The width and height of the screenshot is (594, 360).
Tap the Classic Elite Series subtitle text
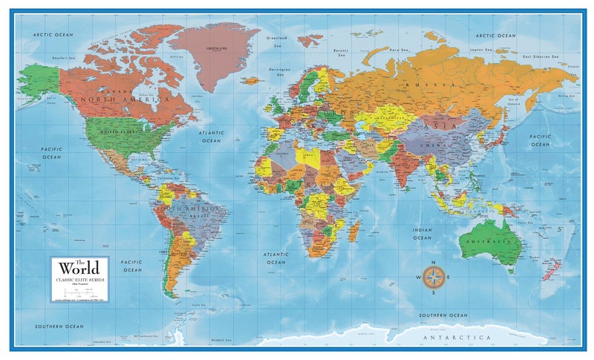pos(79,278)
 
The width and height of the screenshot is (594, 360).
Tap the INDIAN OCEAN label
pos(422,234)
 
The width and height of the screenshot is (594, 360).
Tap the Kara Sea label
pos(401,50)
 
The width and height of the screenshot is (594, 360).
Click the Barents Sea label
pos(342,53)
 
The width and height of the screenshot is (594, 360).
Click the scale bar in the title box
pos(79,291)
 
